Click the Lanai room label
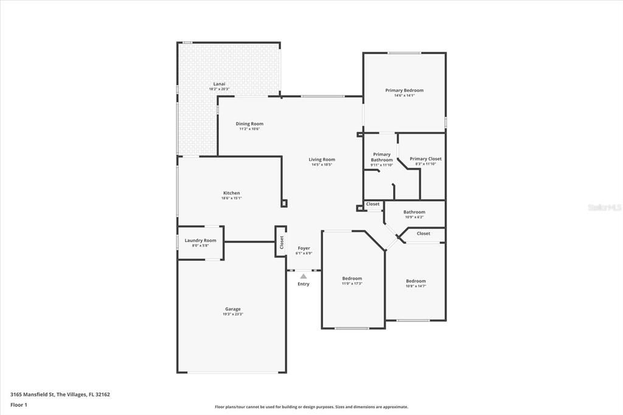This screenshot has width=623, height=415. (219, 83)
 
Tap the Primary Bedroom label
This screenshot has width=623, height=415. (404, 90)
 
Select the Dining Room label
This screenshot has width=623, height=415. (249, 124)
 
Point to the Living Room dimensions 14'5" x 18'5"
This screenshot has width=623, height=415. (323, 165)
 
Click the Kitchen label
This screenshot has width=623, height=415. (231, 193)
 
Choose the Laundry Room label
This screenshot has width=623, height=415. (200, 240)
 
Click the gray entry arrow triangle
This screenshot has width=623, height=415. (304, 276)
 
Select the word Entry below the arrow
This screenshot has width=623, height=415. (304, 284)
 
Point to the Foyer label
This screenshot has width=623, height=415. (304, 248)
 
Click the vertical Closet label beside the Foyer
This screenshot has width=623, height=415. (282, 242)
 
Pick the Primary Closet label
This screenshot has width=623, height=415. (425, 159)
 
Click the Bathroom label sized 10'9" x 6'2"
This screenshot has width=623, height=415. (414, 212)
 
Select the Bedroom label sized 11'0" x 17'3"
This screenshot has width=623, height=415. (352, 278)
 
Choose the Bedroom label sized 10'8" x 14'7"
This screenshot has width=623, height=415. (416, 281)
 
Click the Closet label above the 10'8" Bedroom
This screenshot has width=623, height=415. (423, 234)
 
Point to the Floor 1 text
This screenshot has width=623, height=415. (19, 405)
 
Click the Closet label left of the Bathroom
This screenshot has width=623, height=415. (373, 204)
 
